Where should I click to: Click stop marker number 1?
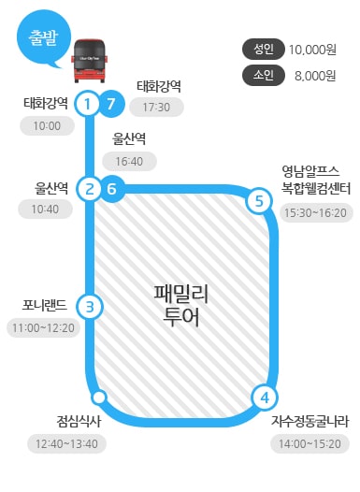pyautogui.click(x=88, y=103)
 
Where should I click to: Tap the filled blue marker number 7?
pyautogui.click(x=111, y=103)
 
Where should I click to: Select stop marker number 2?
pyautogui.click(x=89, y=189)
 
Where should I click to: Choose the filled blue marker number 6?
pyautogui.click(x=111, y=189)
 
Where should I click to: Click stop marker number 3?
pyautogui.click(x=89, y=306)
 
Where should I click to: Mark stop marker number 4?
pyautogui.click(x=265, y=397)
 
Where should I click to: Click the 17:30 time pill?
pyautogui.click(x=158, y=108)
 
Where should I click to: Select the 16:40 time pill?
pyautogui.click(x=129, y=162)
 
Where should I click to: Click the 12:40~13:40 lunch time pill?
pyautogui.click(x=65, y=442)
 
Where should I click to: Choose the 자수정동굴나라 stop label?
pyautogui.click(x=310, y=422)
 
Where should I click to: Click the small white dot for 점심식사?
pyautogui.click(x=99, y=399)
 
